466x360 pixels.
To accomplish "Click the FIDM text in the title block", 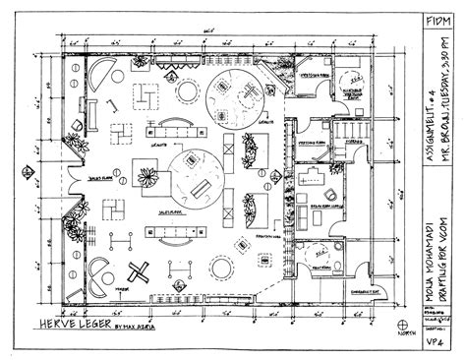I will (438, 19).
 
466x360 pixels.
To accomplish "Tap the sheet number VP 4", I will (437, 339).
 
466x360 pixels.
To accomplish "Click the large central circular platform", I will (194, 175).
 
